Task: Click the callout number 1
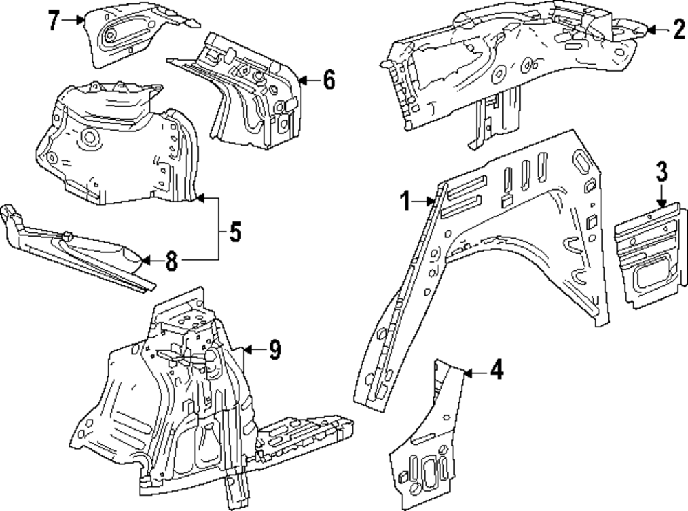[407, 202]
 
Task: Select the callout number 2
[678, 29]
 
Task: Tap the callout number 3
[660, 171]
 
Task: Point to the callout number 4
[495, 371]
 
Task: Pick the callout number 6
[328, 80]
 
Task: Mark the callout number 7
[53, 21]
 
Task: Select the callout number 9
[275, 350]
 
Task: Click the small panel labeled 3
[650, 254]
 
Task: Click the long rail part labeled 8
[76, 244]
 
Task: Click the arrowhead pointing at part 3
[660, 204]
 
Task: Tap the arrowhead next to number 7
[82, 21]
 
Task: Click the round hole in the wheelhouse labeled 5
[89, 138]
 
